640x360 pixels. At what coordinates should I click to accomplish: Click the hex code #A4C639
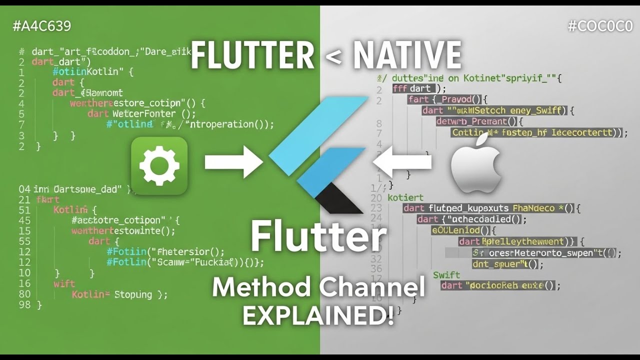click(41, 26)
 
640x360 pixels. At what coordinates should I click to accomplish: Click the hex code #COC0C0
click(600, 26)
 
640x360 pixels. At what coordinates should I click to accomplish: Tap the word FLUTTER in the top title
click(252, 55)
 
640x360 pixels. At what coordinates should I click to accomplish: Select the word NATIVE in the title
click(407, 55)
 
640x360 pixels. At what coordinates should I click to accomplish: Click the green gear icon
click(159, 165)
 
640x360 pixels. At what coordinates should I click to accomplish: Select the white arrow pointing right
click(233, 162)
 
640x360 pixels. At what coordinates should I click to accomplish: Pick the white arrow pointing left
click(403, 162)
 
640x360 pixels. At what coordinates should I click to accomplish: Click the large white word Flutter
click(318, 237)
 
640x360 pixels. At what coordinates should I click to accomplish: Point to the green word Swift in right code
click(446, 275)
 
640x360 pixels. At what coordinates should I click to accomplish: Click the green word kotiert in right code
click(405, 197)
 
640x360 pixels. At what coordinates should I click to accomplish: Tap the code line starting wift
click(64, 283)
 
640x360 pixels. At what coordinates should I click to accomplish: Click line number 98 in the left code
click(24, 304)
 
